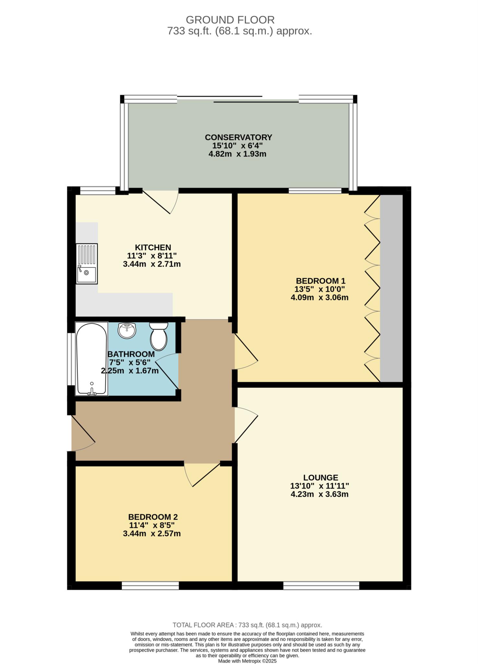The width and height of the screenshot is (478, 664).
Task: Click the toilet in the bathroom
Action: (158, 336)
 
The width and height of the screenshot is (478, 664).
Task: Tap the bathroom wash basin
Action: (127, 331)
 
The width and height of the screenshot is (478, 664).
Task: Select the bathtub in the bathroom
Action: (92, 359)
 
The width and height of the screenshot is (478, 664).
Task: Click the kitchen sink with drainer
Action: (87, 264)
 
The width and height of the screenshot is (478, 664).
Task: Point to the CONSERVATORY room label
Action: (238, 137)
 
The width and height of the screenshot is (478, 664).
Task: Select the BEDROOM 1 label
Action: (321, 281)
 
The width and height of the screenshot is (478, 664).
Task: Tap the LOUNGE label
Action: (321, 478)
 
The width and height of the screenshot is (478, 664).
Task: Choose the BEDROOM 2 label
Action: (153, 517)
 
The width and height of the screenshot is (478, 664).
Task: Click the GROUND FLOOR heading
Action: (230, 20)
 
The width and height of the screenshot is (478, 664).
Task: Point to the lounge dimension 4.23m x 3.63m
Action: (320, 494)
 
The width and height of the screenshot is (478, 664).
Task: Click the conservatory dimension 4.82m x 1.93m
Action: (237, 154)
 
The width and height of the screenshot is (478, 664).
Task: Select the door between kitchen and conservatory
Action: (161, 202)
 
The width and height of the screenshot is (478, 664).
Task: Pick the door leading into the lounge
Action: (246, 425)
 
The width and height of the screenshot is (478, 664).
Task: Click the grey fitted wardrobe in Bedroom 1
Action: (391, 288)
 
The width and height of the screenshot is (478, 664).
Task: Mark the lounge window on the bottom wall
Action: (321, 585)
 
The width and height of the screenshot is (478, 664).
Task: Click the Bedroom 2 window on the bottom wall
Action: (150, 585)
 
